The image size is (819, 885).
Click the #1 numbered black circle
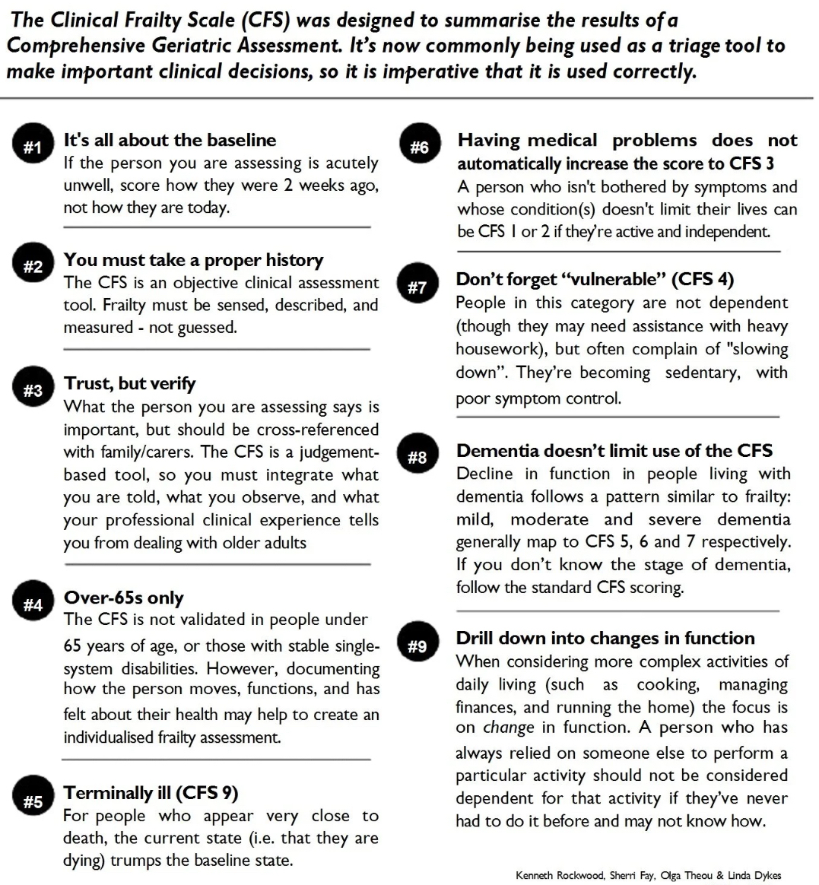coord(33,146)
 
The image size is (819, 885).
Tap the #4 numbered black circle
coord(33,605)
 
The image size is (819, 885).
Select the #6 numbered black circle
coord(419,146)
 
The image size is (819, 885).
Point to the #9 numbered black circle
coord(417,647)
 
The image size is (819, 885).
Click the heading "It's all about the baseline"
coord(170,140)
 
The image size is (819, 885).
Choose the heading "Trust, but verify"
coord(129,383)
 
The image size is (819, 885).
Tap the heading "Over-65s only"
coord(123,598)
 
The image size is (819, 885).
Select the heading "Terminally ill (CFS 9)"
coord(151,793)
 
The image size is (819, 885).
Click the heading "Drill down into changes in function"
coord(605,638)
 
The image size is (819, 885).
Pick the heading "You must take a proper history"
coord(193,260)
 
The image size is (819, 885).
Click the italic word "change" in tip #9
coord(509,728)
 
